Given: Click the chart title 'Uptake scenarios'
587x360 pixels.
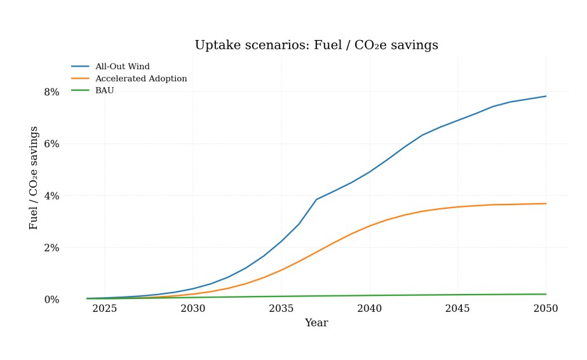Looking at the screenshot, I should tap(316, 46).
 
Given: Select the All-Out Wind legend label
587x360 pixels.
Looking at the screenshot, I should tap(122, 67).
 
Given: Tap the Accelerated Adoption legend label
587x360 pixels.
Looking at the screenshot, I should tap(140, 79).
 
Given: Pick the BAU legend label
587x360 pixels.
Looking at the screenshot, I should tap(104, 91).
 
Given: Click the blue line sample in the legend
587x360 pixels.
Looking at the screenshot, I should tap(80, 67).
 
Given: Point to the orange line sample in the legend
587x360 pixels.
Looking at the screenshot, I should tap(80, 79).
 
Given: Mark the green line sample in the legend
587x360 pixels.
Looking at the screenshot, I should tap(80, 91).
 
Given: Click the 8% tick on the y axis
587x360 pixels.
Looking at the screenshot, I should tap(51, 92).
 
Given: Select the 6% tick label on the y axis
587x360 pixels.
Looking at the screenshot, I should tap(51, 144).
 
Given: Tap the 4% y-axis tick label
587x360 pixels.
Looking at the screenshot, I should tap(51, 196).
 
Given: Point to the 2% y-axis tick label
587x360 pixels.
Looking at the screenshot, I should tap(51, 248).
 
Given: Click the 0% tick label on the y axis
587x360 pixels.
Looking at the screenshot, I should tap(51, 300).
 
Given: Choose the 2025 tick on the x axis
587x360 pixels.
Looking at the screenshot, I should tap(105, 309).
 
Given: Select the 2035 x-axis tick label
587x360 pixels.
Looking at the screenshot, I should tap(281, 309).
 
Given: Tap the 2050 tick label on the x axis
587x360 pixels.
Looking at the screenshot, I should tap(546, 309).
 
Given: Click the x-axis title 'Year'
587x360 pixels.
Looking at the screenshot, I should tap(316, 323).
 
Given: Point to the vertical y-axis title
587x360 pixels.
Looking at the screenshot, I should tap(34, 178).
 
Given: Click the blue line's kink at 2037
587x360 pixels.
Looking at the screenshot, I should tap(316, 199).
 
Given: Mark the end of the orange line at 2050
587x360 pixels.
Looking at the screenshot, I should tap(546, 204).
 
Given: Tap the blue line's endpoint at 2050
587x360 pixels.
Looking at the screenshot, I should tap(546, 97).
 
